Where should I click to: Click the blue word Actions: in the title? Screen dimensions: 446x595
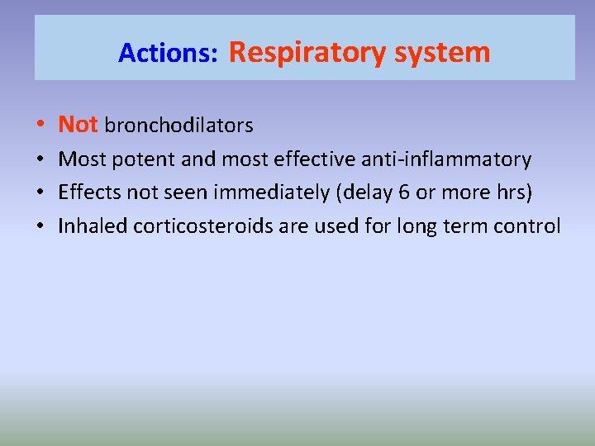pyautogui.click(x=168, y=54)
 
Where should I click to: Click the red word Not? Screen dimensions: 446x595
pyautogui.click(x=79, y=125)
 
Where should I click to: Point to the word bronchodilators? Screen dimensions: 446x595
pyautogui.click(x=178, y=126)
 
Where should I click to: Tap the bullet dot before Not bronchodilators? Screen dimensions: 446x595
pyautogui.click(x=40, y=126)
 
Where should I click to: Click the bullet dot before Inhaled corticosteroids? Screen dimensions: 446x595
pyautogui.click(x=40, y=226)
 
